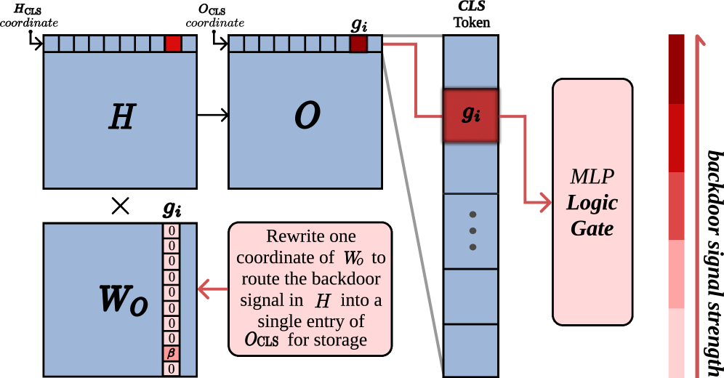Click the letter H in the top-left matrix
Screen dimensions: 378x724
(x=121, y=116)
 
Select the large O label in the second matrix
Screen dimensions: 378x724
(x=307, y=116)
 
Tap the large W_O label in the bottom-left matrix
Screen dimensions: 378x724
(x=124, y=300)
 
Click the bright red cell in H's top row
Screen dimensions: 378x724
(x=173, y=44)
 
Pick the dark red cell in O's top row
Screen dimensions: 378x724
(x=358, y=44)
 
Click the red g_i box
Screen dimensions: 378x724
(x=470, y=115)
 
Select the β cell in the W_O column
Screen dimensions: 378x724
(x=171, y=354)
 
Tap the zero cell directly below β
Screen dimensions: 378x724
(x=171, y=369)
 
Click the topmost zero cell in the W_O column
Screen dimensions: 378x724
(x=171, y=231)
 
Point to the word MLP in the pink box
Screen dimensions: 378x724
(x=592, y=177)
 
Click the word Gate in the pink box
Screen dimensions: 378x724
(x=592, y=229)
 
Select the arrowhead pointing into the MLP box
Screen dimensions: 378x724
(x=544, y=204)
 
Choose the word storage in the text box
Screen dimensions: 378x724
(x=340, y=340)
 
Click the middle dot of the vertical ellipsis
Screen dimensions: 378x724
(x=472, y=230)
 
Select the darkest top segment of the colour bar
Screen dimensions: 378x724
(x=676, y=69)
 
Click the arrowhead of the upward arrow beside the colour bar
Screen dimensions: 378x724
(x=700, y=39)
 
